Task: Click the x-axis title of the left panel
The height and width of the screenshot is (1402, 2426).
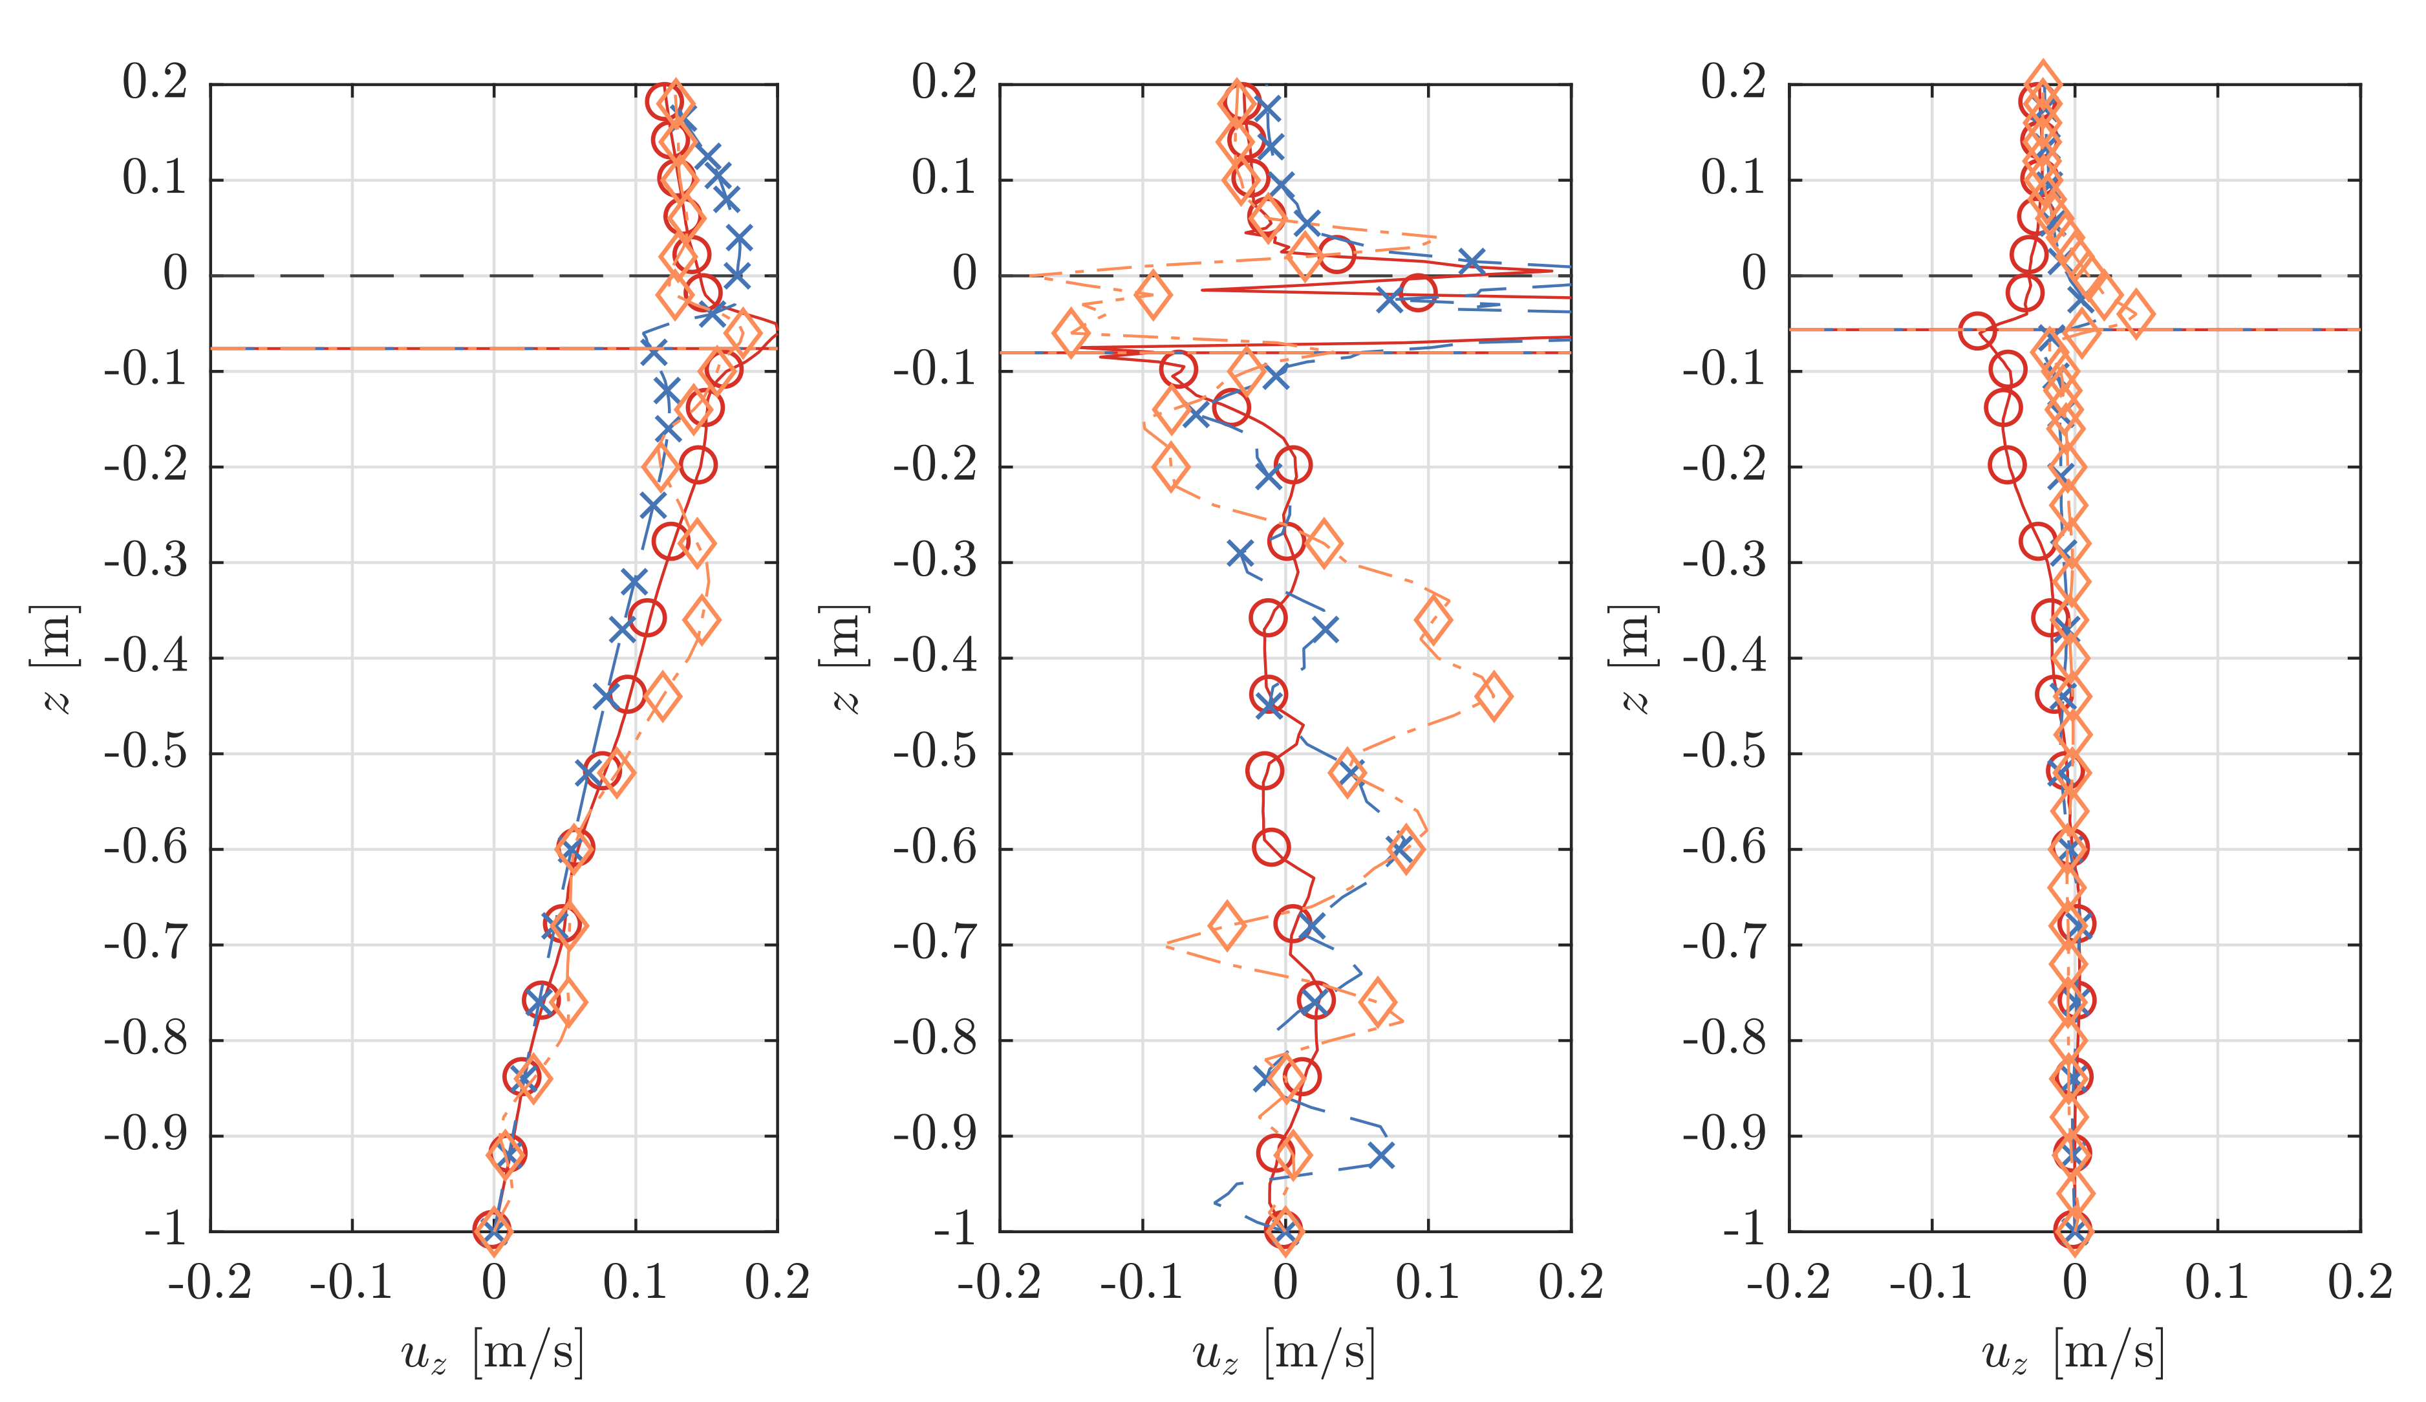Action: pos(493,1352)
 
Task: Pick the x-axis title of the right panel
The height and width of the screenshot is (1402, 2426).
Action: pos(2073,1352)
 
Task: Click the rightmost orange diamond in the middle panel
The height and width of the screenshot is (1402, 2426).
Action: pos(1493,696)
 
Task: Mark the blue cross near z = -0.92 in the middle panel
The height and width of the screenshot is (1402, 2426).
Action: pos(1382,1154)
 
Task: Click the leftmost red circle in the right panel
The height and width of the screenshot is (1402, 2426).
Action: pos(1977,331)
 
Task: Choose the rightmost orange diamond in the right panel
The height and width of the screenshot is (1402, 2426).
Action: pos(2135,314)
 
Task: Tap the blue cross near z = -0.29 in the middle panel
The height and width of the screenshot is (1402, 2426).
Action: pos(1241,554)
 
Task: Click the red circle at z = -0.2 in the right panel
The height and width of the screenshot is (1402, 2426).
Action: pos(2006,465)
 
